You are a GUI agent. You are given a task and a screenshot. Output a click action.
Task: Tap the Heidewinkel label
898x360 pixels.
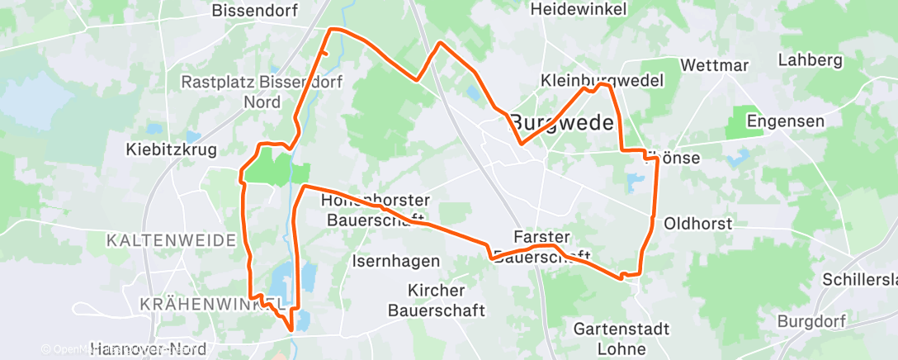click(x=579, y=9)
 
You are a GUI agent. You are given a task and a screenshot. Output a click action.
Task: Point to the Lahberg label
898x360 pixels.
click(x=810, y=60)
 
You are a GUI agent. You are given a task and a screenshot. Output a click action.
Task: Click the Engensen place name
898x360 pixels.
click(x=785, y=121)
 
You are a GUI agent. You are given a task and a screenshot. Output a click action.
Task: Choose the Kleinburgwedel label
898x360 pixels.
click(x=603, y=81)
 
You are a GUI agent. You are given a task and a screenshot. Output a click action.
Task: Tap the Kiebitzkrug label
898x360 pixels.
click(x=171, y=150)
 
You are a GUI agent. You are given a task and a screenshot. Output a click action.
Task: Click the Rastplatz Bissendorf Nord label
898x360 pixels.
click(x=262, y=92)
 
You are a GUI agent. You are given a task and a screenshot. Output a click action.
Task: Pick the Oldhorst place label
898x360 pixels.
click(x=693, y=223)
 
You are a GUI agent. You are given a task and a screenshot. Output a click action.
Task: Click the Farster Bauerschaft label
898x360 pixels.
click(x=541, y=246)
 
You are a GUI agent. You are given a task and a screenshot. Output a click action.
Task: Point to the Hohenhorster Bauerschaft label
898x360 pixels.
click(x=379, y=210)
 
